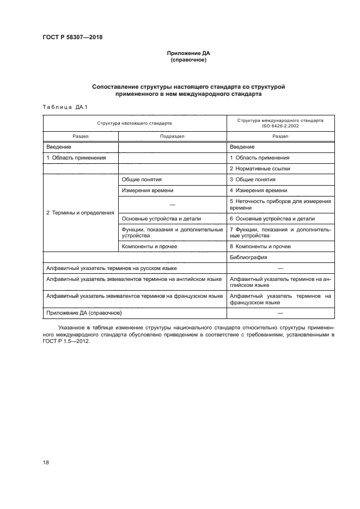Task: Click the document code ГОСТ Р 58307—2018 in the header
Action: point(72,38)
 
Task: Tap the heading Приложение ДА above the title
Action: point(188,54)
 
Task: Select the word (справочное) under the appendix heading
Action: point(188,60)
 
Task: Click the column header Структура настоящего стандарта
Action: point(135,123)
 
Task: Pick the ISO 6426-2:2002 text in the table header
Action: point(280,126)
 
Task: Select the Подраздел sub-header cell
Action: point(172,137)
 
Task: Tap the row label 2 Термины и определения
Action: point(80,212)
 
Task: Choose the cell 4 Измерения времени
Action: point(258,191)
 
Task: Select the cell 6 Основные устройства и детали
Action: point(272,219)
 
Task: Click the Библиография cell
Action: point(248,257)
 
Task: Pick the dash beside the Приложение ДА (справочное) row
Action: point(280,314)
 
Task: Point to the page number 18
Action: point(46,462)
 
